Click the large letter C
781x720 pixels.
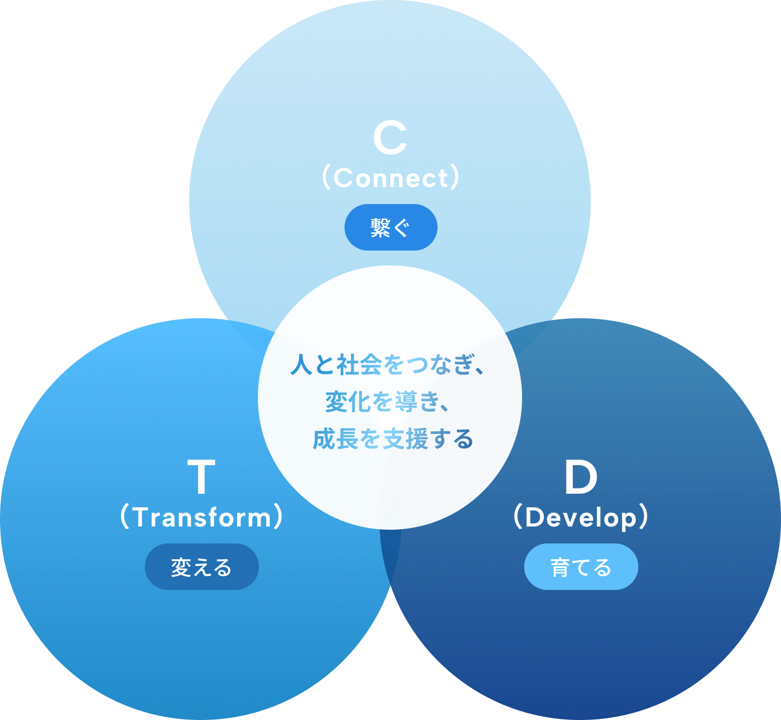(x=390, y=139)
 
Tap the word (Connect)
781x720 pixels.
(x=390, y=178)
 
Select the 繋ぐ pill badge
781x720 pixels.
(x=390, y=227)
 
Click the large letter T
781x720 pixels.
(x=201, y=477)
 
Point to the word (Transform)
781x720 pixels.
(x=201, y=517)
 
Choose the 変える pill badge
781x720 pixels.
(x=201, y=567)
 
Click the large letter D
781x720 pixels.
(x=581, y=477)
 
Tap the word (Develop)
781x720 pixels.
(x=581, y=517)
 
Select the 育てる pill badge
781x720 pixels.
(x=581, y=567)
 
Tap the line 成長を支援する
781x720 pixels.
(x=393, y=439)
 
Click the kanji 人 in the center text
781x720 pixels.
(x=302, y=365)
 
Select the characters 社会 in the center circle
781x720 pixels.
(x=359, y=365)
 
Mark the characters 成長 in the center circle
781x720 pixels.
(x=336, y=439)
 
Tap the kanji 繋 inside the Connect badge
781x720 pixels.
(x=380, y=228)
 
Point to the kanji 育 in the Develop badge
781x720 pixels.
(x=560, y=567)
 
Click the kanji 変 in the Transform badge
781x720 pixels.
(x=181, y=567)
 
